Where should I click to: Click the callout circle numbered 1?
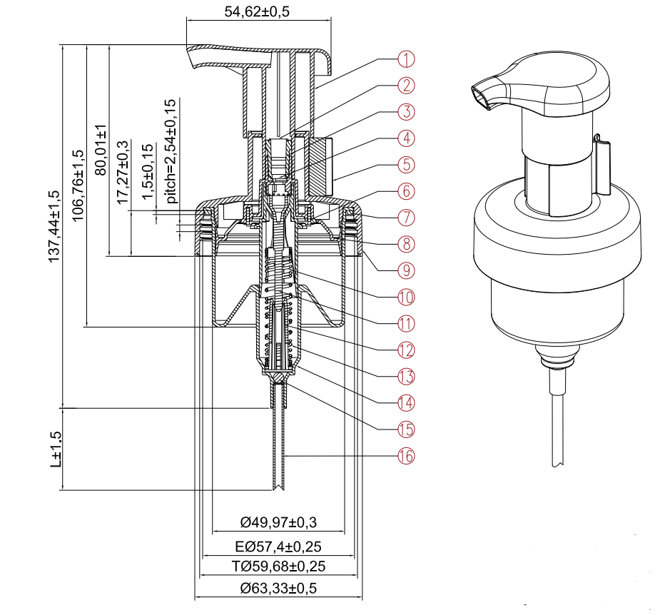[405, 59]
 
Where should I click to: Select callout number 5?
[405, 164]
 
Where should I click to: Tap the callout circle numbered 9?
[405, 270]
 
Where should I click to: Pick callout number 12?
[405, 349]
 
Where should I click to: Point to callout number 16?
[405, 455]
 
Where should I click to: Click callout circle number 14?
[405, 402]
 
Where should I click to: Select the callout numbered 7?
[405, 217]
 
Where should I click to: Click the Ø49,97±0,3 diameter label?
[278, 523]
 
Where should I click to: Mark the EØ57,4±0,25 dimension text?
[278, 547]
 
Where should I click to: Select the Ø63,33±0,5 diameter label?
[278, 589]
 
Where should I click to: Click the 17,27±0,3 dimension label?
[123, 172]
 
